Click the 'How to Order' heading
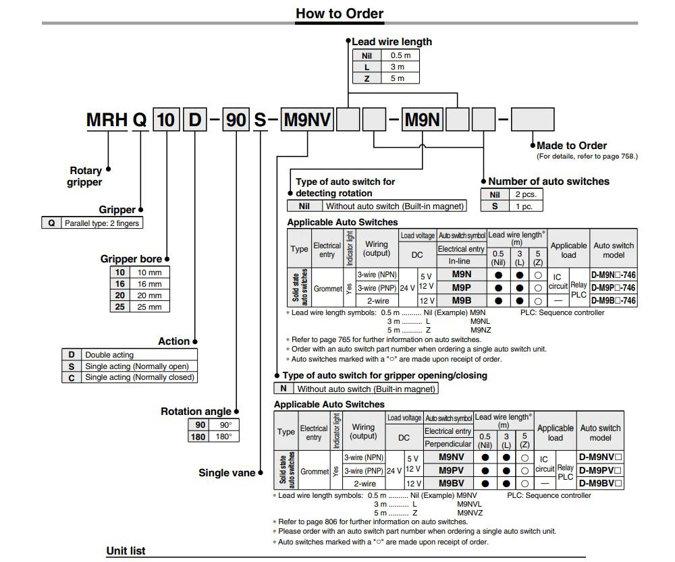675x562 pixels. click(339, 13)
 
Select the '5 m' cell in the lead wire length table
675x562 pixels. click(397, 78)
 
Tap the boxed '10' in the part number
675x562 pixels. click(166, 120)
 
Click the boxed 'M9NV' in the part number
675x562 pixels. click(307, 120)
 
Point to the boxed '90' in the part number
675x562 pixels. click(236, 120)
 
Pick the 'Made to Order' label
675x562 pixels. click(571, 145)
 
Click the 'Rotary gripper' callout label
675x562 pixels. click(85, 176)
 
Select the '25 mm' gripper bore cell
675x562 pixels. click(149, 306)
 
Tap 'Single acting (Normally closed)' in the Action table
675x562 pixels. click(139, 377)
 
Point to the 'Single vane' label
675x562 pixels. click(226, 473)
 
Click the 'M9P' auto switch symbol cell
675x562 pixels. click(462, 287)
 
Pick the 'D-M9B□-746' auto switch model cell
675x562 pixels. click(613, 300)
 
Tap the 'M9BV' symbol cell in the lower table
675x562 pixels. click(451, 483)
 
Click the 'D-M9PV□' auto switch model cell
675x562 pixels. click(600, 470)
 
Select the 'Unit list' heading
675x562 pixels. click(126, 551)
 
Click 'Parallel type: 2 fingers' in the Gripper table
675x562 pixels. click(102, 223)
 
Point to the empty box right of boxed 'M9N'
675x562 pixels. click(458, 120)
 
